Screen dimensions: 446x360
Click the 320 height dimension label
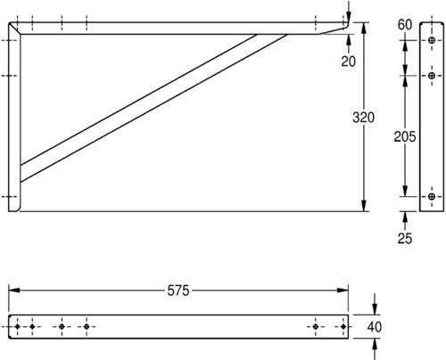pyautogui.click(x=363, y=118)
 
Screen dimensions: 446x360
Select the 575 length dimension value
pyautogui.click(x=178, y=290)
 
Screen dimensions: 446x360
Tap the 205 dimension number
pyautogui.click(x=405, y=137)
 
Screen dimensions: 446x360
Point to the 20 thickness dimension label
pyautogui.click(x=348, y=61)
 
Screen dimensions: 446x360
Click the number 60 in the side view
pyautogui.click(x=405, y=25)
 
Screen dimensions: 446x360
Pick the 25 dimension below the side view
pyautogui.click(x=405, y=239)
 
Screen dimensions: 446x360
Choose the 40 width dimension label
pyautogui.click(x=375, y=327)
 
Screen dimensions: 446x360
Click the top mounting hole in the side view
pyautogui.click(x=432, y=40)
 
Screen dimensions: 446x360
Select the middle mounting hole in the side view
pyautogui.click(x=432, y=76)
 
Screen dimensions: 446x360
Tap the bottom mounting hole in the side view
pyautogui.click(x=432, y=196)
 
